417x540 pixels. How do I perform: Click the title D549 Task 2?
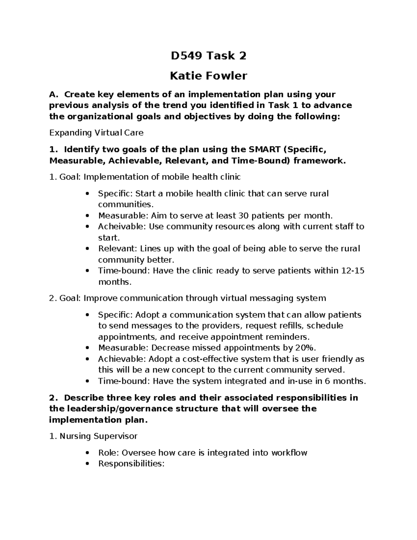click(x=208, y=56)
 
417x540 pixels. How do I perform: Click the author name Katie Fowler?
click(x=208, y=75)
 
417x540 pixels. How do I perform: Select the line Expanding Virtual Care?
click(x=96, y=132)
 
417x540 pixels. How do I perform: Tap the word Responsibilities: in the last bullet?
click(x=131, y=464)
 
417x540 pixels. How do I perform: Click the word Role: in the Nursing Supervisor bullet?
click(x=108, y=453)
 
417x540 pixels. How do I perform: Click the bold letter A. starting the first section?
click(x=53, y=94)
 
